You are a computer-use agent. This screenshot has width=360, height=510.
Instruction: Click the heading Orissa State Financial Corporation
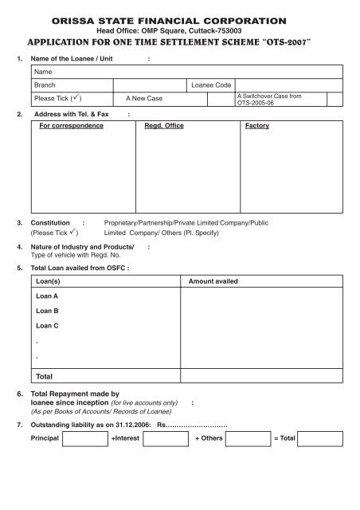coord(178,18)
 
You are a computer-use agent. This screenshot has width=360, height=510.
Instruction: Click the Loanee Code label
coord(211,84)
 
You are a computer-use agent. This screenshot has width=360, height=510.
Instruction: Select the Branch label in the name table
coord(45,84)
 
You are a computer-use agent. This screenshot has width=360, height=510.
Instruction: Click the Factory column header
coord(257,126)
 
